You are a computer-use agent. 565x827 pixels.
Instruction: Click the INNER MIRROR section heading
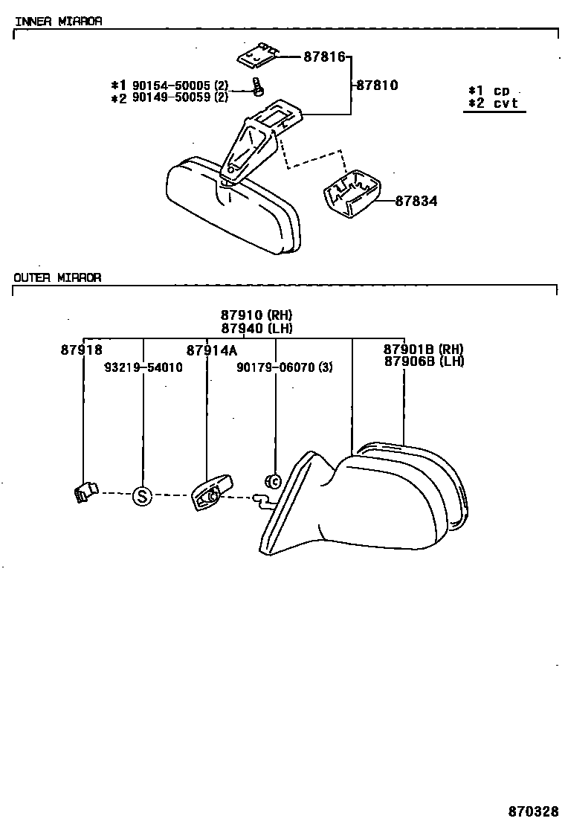pos(58,21)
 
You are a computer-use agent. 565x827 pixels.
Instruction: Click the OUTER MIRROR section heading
pos(58,277)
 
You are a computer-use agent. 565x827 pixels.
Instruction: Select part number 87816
pos(324,57)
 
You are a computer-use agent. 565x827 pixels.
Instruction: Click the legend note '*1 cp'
pos(488,91)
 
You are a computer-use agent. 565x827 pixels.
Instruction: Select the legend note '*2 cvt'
pos(493,103)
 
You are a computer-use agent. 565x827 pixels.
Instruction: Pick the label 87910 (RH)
pos(256,315)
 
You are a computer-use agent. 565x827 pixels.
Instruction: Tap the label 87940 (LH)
pos(256,328)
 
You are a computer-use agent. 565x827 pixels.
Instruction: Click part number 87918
pos(81,350)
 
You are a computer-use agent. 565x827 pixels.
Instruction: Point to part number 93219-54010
pos(143,367)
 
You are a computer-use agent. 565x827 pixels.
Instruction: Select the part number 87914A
pos(211,350)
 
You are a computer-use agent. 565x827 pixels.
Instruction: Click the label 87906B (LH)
pos(423,361)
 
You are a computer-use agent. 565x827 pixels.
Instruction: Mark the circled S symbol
pos(141,495)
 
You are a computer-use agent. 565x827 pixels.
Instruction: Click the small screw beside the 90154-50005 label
pos(257,88)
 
